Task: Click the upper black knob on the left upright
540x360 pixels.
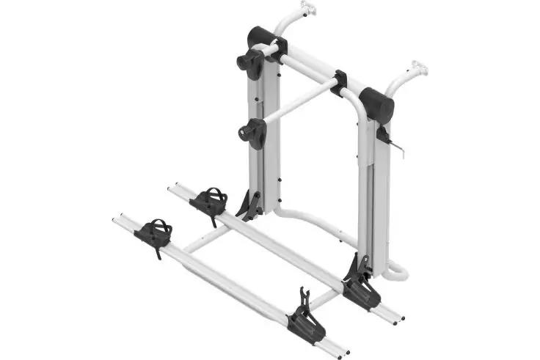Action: tap(251, 64)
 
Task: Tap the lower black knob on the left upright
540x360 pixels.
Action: tap(252, 132)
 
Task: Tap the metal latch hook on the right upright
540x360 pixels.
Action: tap(397, 144)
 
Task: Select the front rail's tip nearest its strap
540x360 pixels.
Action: tap(117, 219)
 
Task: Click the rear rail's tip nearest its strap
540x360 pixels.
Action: tap(171, 189)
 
